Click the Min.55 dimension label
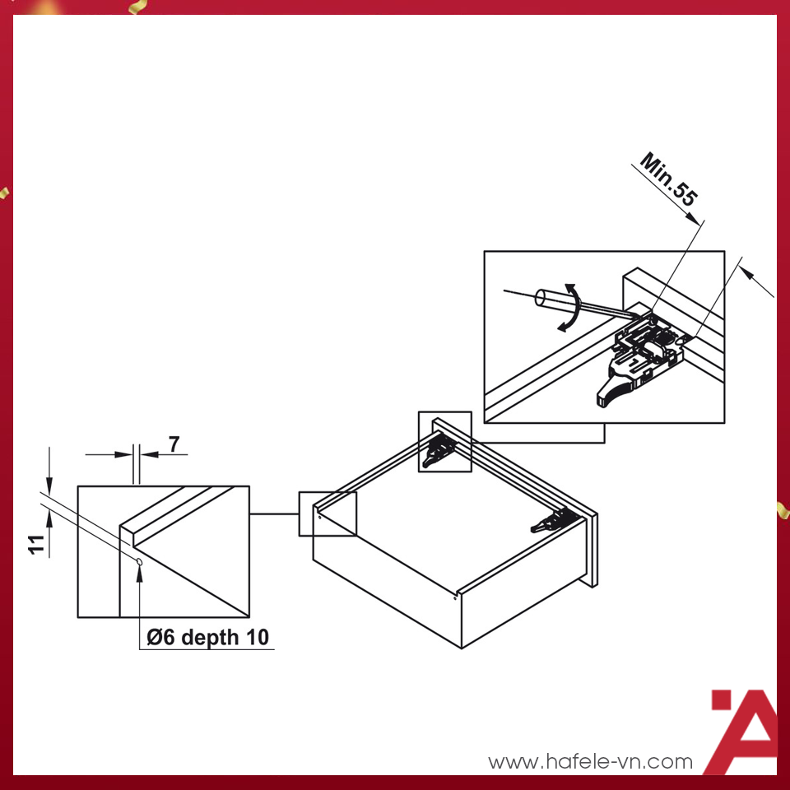668,180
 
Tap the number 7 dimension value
174,444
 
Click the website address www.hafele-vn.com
590,761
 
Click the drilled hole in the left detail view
141,561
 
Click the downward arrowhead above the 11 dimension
49,486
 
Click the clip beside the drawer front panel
555,519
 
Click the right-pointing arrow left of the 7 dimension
123,453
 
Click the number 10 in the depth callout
258,637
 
